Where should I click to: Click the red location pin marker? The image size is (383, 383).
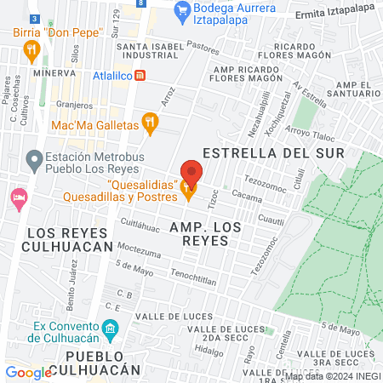[x=191, y=173]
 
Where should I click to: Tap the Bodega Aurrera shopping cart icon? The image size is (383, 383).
[x=180, y=10]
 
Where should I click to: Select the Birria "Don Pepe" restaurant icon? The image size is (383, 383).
[x=31, y=50]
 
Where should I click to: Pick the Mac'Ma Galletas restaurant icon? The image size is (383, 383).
[x=151, y=125]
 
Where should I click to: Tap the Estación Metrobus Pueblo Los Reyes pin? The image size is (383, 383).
[x=33, y=158]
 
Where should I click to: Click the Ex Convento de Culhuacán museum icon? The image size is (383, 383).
[x=109, y=329]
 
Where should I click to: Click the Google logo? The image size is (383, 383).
[x=27, y=372]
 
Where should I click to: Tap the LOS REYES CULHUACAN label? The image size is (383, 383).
[x=70, y=239]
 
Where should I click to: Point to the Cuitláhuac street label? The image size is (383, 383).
[x=140, y=225]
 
